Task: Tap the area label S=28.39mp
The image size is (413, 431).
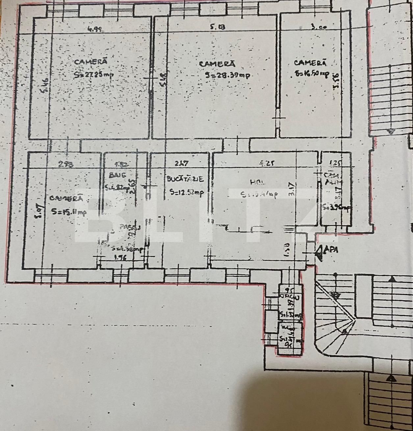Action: coord(227,76)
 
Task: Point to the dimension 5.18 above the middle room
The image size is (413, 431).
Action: coord(218,28)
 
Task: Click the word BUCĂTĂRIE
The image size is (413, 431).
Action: coord(185,180)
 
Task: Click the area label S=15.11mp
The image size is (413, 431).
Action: coord(69,212)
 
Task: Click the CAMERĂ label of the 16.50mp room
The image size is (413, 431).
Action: coord(310,62)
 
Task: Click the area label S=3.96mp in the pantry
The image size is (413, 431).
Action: coord(337,208)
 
